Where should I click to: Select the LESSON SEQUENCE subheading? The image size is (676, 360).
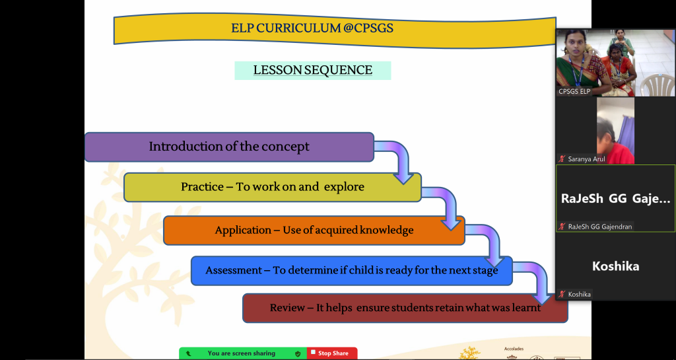click(x=312, y=70)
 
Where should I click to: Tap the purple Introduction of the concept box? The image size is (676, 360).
click(x=229, y=147)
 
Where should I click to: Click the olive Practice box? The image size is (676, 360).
click(x=272, y=187)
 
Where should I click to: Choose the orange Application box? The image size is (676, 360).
click(x=314, y=230)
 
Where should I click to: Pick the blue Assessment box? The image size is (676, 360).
click(x=351, y=270)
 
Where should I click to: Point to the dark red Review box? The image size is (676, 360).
click(x=405, y=308)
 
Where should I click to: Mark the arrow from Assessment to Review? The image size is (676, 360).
click(x=535, y=281)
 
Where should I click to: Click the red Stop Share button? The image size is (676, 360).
click(x=332, y=353)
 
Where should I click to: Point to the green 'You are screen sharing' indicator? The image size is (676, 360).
click(x=242, y=353)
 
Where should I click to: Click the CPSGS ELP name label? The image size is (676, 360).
click(x=574, y=91)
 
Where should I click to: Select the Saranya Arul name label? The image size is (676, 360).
click(x=587, y=159)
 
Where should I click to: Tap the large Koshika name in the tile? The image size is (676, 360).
click(x=615, y=266)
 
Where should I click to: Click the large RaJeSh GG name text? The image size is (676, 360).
click(x=615, y=199)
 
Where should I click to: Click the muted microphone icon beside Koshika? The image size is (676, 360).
click(x=562, y=294)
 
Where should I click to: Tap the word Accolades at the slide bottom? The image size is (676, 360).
click(x=514, y=348)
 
